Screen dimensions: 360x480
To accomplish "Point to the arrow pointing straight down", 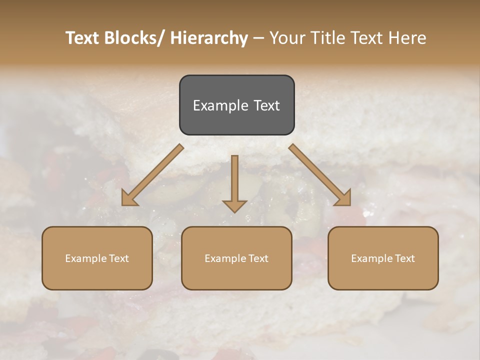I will click(234, 182).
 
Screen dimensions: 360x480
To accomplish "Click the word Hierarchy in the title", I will click(209, 38).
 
